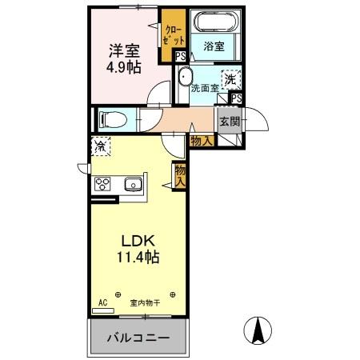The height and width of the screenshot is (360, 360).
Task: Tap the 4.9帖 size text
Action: coord(124,67)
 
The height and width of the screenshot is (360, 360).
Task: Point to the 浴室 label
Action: coord(213,47)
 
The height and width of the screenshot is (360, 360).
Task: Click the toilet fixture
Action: coord(111,119)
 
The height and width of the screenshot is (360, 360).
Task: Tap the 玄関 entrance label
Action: coord(229,122)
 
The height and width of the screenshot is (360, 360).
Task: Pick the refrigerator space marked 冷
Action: coord(101,147)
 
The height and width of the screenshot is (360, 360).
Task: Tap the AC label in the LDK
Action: coord(102,302)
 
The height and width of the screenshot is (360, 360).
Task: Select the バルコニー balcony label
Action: coord(139,338)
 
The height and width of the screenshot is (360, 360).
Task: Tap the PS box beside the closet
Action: coord(182,55)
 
